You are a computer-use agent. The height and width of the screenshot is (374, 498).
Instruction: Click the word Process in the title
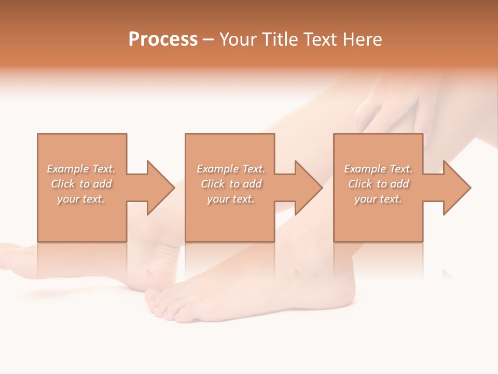pyautogui.click(x=163, y=39)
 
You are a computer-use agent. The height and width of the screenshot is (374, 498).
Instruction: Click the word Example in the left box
pyautogui.click(x=68, y=169)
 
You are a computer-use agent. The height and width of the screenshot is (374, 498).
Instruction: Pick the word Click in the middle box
pyautogui.click(x=213, y=184)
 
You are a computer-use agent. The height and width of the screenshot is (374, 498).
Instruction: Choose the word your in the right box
pyautogui.click(x=365, y=199)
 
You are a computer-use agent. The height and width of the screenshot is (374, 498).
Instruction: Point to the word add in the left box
pyautogui.click(x=103, y=184)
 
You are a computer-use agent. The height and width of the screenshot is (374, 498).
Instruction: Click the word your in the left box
pyautogui.click(x=67, y=199)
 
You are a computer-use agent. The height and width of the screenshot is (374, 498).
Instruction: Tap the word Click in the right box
pyautogui.click(x=361, y=184)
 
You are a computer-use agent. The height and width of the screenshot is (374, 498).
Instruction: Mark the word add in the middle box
pyautogui.click(x=253, y=184)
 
